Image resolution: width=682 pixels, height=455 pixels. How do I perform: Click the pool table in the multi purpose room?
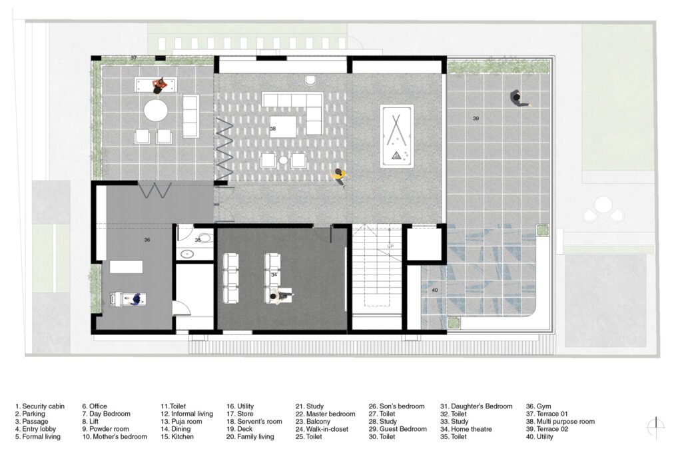tap(397, 136)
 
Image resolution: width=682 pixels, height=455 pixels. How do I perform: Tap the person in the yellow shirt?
tap(339, 176)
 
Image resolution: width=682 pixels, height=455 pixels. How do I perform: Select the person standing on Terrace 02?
tap(518, 99)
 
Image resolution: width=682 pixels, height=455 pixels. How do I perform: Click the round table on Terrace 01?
tap(156, 111)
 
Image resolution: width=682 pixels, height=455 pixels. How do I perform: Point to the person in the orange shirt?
tap(159, 86)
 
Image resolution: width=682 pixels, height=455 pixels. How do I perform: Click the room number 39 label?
tap(476, 119)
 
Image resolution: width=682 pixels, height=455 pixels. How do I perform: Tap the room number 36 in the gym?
tap(147, 240)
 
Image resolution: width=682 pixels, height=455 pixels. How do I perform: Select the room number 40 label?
tap(435, 290)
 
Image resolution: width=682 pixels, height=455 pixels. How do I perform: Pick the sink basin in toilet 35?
tap(188, 254)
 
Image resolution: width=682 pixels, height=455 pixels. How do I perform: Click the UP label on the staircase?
tap(390, 246)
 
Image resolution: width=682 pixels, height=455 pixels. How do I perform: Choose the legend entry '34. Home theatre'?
tap(466, 429)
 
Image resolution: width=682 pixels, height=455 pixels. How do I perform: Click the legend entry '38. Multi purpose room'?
tap(560, 422)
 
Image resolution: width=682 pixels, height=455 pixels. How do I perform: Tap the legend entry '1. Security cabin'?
tap(39, 406)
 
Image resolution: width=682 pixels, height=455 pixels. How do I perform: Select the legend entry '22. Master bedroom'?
tap(325, 414)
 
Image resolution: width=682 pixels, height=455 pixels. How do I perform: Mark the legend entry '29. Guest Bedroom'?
tap(398, 429)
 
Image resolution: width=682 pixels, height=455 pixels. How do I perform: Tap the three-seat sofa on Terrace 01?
tap(190, 116)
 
